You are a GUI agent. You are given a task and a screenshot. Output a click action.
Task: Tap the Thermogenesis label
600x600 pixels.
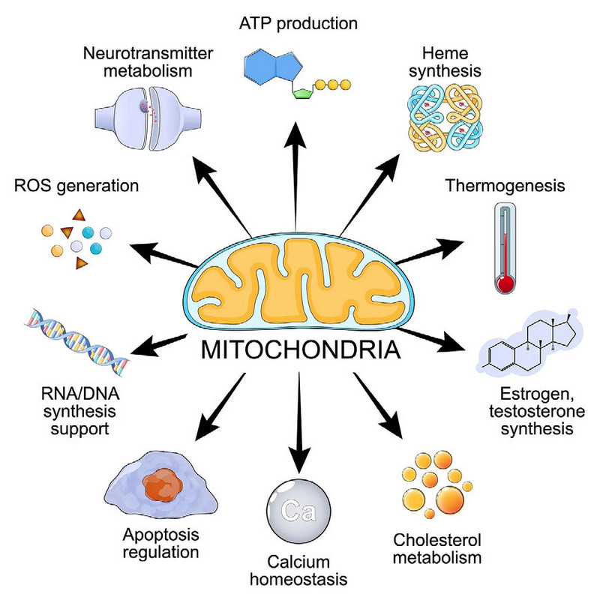(x=504, y=184)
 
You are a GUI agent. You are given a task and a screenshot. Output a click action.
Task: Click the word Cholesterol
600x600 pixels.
(x=436, y=540)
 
